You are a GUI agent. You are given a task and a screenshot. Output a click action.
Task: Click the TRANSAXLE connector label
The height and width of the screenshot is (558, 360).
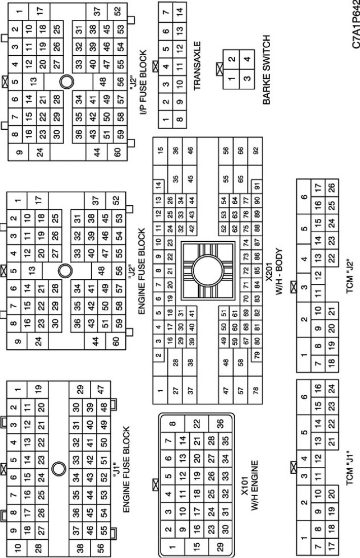[197, 65]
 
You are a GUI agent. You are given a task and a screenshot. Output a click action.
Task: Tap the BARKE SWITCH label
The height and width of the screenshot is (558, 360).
[266, 70]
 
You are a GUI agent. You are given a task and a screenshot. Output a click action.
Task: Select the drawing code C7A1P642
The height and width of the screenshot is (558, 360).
[356, 24]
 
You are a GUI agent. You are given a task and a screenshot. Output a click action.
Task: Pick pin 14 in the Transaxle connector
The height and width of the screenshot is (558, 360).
[180, 11]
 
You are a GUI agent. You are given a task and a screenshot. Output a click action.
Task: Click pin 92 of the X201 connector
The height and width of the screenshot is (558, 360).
[256, 150]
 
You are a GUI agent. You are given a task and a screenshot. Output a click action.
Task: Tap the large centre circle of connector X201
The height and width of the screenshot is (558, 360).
[208, 271]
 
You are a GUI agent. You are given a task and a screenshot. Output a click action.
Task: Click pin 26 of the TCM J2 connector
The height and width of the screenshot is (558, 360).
[332, 187]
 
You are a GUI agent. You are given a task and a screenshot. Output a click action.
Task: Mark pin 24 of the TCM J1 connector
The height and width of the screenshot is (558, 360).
[332, 388]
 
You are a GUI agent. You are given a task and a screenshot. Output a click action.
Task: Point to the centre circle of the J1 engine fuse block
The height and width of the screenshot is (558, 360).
[59, 468]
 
